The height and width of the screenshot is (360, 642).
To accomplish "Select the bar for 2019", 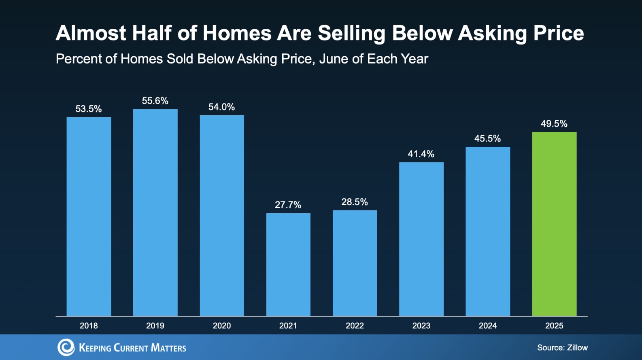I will (155, 212).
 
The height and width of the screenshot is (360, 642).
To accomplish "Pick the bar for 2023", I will (421, 239).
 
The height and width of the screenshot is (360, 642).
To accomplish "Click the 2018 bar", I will (89, 216).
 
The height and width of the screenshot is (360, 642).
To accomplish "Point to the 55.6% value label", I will (155, 101).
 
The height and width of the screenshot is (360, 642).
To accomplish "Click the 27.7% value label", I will (288, 205).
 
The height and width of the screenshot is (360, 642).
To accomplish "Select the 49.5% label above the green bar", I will (554, 124).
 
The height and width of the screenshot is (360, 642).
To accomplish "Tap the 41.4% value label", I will (421, 154).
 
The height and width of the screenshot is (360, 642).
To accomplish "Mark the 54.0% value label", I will (221, 107).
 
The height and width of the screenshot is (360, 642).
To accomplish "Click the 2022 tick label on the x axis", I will (355, 326).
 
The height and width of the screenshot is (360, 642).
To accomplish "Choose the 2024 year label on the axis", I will (487, 326).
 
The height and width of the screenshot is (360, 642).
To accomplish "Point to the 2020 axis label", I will (221, 326).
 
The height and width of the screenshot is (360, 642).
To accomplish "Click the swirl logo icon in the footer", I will (66, 347).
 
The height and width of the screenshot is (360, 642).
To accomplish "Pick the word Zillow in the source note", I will (577, 347).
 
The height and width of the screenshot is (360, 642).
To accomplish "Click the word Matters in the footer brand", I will (168, 348).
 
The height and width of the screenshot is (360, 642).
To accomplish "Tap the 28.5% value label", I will (355, 202).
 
